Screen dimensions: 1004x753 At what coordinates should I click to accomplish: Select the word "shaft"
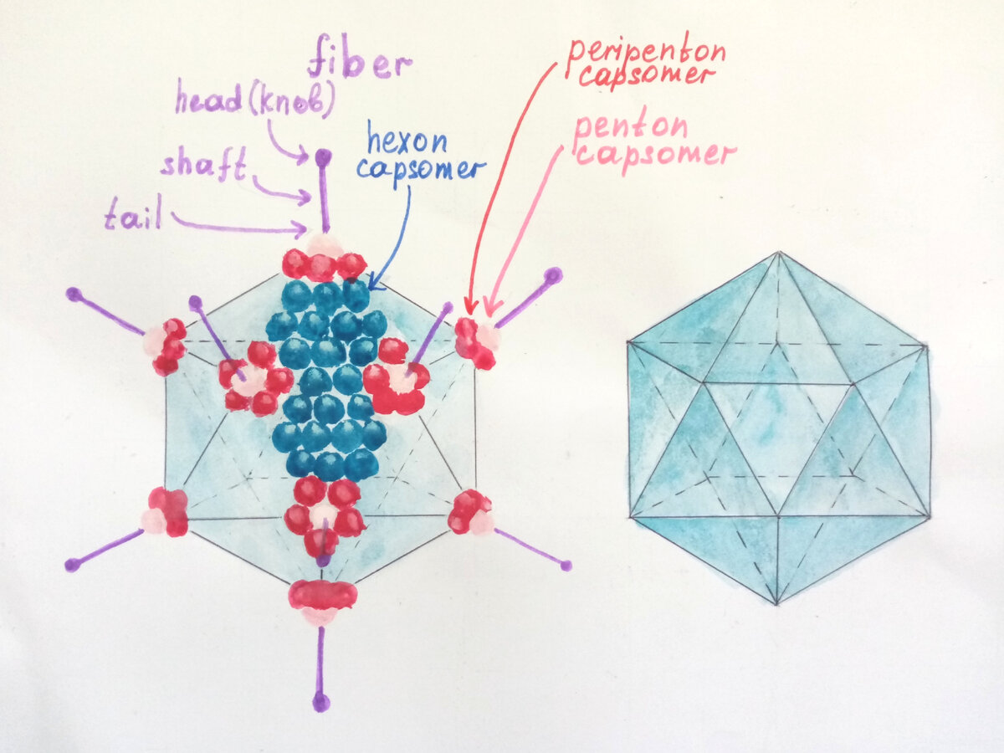pos(203,165)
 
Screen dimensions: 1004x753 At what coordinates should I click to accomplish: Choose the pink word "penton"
pos(630,127)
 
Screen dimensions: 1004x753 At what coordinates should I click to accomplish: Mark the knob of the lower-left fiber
pos(72,565)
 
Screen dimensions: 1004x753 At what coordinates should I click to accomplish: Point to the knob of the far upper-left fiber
pos(74,294)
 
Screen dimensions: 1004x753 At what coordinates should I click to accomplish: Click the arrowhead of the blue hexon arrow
pos(370,285)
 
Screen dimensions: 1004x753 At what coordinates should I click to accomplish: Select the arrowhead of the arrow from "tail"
pos(306,229)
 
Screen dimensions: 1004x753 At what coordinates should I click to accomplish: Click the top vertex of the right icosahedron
pos(778,252)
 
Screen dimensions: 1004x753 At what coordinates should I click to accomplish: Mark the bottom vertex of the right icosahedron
pos(777,604)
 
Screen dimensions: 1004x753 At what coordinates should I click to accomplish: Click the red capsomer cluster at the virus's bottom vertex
pos(322,595)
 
